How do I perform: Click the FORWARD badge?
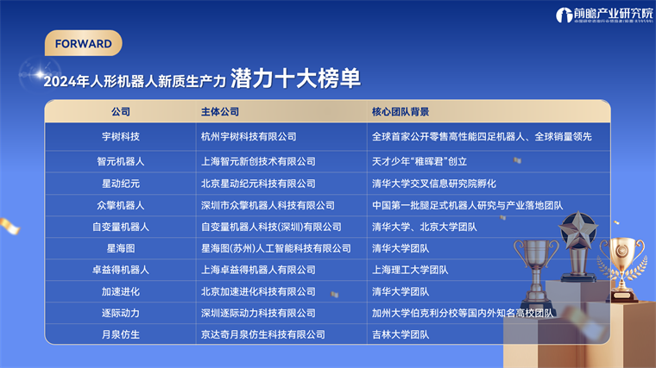pos(83,43)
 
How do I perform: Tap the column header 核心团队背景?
pos(401,112)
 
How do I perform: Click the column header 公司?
pos(121,112)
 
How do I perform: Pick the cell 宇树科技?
pos(121,136)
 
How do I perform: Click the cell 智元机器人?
pos(121,160)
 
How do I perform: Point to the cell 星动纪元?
pos(121,183)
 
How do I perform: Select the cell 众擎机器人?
pos(121,205)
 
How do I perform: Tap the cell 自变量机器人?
pos(121,227)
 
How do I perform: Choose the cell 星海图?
pos(121,248)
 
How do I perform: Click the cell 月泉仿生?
pos(121,334)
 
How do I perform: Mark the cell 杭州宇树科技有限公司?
pos(249,136)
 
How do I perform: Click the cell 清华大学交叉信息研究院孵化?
pos(434,183)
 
